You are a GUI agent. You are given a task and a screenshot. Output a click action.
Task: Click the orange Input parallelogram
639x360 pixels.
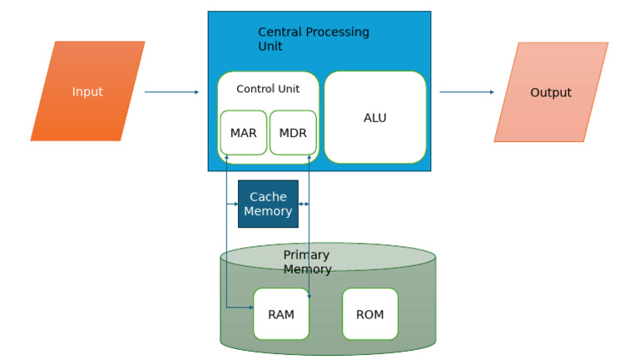tap(87, 91)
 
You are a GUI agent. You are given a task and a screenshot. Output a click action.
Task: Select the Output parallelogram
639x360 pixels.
tap(551, 92)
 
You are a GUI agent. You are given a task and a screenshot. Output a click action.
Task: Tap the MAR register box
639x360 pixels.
tap(243, 133)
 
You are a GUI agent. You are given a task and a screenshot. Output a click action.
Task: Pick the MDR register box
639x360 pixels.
tap(293, 133)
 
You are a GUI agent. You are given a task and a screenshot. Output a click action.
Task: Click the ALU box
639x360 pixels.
tap(375, 118)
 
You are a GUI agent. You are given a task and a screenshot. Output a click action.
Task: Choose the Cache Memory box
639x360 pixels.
tap(268, 204)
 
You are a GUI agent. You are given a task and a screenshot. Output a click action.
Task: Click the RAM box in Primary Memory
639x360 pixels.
tap(281, 314)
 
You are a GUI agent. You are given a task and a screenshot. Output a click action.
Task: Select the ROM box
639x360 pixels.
tap(370, 314)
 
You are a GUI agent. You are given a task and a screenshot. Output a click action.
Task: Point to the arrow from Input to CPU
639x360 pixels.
tap(171, 92)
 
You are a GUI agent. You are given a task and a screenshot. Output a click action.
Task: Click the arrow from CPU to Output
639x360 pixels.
tap(466, 92)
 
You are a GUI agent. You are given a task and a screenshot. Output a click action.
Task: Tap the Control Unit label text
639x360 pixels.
tap(268, 89)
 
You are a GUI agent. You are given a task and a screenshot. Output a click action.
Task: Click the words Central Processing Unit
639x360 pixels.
tap(313, 39)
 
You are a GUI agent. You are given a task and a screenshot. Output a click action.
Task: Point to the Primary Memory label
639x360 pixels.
tap(307, 262)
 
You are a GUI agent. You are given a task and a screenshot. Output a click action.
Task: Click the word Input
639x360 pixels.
tap(87, 91)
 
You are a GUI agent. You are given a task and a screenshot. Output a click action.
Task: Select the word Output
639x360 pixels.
tap(551, 92)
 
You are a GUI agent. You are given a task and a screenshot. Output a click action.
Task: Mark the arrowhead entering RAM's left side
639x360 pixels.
tap(250, 308)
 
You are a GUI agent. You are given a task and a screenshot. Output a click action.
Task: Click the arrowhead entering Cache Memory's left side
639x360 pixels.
tap(235, 204)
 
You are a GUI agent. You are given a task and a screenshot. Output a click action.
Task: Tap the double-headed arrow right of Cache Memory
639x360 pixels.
tap(304, 204)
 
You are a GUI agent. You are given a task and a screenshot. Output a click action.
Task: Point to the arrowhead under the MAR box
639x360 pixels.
tap(226, 157)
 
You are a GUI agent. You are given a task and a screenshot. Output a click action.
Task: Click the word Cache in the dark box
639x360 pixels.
tap(268, 197)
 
